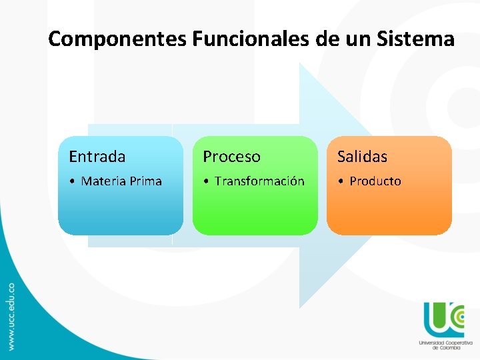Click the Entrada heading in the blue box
pyautogui.click(x=97, y=157)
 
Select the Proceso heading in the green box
pyautogui.click(x=231, y=157)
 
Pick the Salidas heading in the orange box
pyautogui.click(x=362, y=157)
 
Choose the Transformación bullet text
pyautogui.click(x=259, y=181)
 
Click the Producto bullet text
pyautogui.click(x=375, y=181)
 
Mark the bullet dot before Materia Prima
pyautogui.click(x=72, y=181)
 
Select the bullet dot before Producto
pyautogui.click(x=341, y=181)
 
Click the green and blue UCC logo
pyautogui.click(x=443, y=319)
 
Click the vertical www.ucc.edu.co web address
pyautogui.click(x=11, y=315)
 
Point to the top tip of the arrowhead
pyautogui.click(x=301, y=64)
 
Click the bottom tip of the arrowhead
pyautogui.click(x=301, y=307)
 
